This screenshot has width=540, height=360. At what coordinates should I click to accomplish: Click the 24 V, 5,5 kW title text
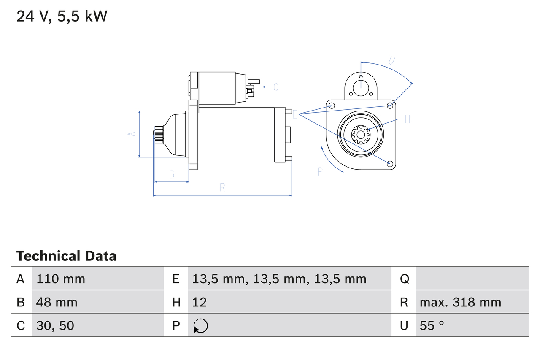[62, 17]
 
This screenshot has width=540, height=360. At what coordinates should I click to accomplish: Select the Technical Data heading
[66, 256]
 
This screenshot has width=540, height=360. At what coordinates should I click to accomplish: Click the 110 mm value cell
[61, 279]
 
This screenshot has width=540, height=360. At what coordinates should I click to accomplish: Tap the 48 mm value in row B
[57, 302]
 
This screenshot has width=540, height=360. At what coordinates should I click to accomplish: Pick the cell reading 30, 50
[55, 325]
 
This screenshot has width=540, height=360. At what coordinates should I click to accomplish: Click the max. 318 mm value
[460, 302]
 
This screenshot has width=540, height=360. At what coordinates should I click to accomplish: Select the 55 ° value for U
[432, 325]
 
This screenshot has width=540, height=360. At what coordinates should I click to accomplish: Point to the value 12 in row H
[200, 302]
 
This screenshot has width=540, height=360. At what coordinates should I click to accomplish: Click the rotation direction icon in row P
[200, 326]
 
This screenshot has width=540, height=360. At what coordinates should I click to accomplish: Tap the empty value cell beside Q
[472, 279]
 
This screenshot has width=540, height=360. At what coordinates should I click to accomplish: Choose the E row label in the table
[176, 279]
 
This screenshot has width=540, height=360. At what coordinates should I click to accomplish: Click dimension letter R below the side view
[222, 188]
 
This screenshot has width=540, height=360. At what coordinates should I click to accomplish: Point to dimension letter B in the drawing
[172, 174]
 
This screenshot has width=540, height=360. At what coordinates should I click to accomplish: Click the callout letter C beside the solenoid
[275, 87]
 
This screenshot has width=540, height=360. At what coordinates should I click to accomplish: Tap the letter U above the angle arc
[391, 60]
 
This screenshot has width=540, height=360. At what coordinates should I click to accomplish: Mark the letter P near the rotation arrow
[320, 171]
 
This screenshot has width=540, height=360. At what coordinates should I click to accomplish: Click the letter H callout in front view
[407, 119]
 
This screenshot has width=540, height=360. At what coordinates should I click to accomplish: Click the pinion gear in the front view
[361, 135]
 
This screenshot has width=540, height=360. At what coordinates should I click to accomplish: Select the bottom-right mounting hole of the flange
[390, 163]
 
